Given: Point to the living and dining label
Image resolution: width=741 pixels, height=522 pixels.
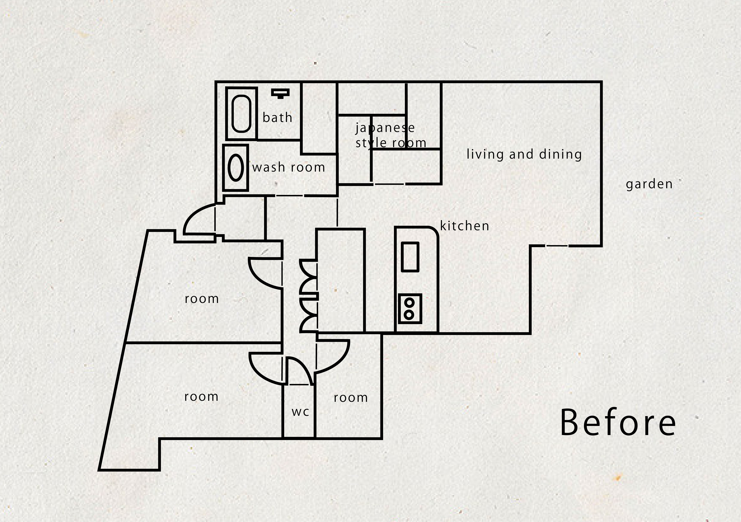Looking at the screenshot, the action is (x=524, y=155).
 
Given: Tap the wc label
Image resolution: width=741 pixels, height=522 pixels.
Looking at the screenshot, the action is (x=300, y=412).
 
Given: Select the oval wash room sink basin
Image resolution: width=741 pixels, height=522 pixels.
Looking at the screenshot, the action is (x=236, y=167).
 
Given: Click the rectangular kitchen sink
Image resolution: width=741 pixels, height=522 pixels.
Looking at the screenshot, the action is (x=410, y=257).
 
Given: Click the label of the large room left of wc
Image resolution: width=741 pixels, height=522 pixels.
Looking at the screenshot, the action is (x=201, y=397).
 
